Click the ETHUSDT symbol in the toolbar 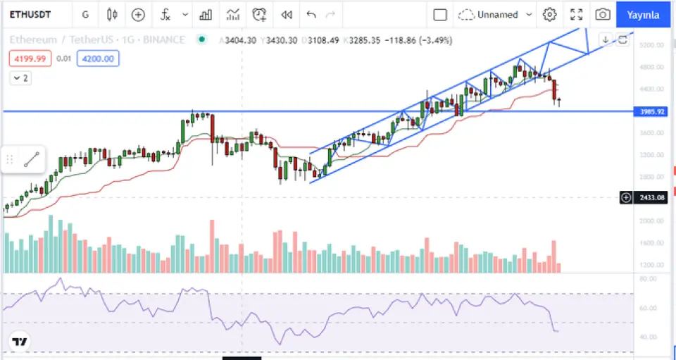pyautogui.click(x=33, y=14)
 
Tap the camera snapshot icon pyautogui.click(x=602, y=14)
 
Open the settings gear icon pyautogui.click(x=550, y=14)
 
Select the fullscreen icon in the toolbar pyautogui.click(x=576, y=14)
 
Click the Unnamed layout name pyautogui.click(x=497, y=14)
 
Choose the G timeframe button pyautogui.click(x=85, y=14)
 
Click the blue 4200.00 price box pyautogui.click(x=99, y=58)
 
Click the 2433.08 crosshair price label pyautogui.click(x=652, y=198)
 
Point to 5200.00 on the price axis pyautogui.click(x=651, y=45)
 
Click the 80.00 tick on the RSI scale pyautogui.click(x=648, y=280)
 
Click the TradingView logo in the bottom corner pyautogui.click(x=20, y=342)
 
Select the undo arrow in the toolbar pyautogui.click(x=311, y=14)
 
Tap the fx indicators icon pyautogui.click(x=165, y=14)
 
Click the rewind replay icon pyautogui.click(x=286, y=14)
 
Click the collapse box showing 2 pyautogui.click(x=20, y=78)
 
